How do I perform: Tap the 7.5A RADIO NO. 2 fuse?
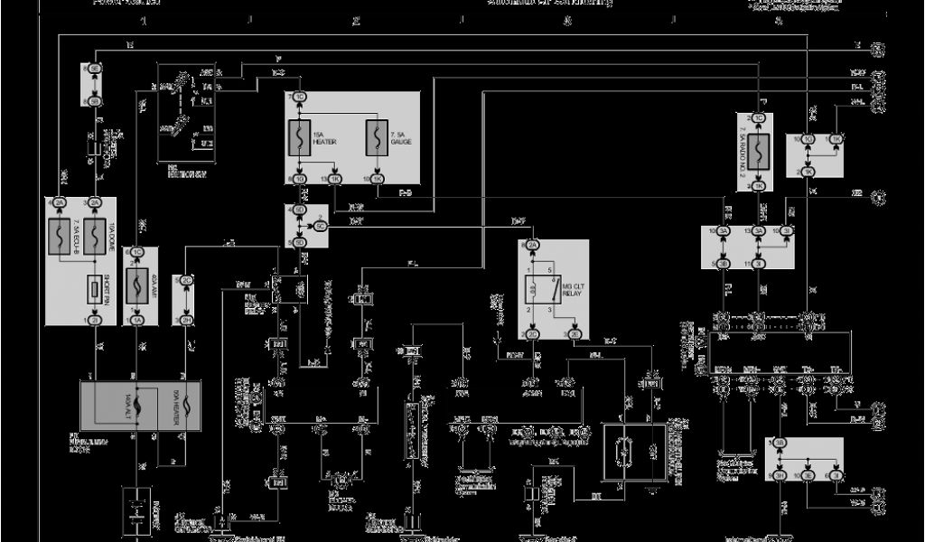759,147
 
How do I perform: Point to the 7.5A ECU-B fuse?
61,237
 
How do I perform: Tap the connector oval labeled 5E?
94,69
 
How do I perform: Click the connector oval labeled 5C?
322,227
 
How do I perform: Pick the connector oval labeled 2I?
94,320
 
